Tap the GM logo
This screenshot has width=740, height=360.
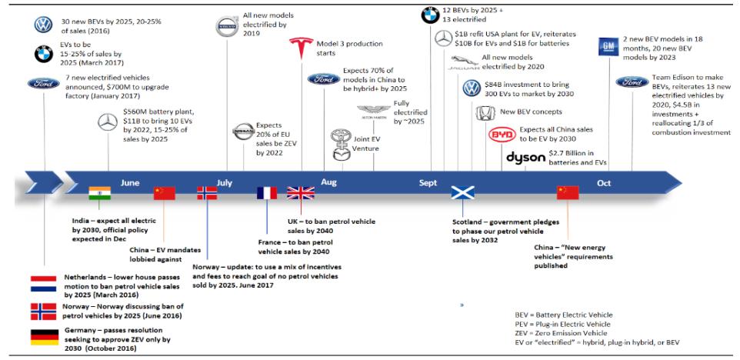(608, 47)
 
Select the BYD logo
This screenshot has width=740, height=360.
(502, 135)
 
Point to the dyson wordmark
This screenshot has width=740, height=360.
(525, 158)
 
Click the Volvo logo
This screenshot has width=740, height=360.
(227, 26)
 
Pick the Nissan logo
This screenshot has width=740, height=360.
(244, 132)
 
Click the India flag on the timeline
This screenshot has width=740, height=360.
(99, 193)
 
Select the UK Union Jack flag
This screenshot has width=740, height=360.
(301, 193)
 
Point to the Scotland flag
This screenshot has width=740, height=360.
(462, 192)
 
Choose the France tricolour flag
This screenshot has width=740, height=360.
(267, 193)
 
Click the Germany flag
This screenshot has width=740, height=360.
(45, 337)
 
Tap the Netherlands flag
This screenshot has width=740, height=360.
(43, 284)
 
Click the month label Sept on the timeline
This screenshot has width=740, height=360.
(428, 182)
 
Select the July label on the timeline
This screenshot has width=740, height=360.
(225, 182)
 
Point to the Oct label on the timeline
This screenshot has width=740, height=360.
(604, 183)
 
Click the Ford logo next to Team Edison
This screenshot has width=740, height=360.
(632, 82)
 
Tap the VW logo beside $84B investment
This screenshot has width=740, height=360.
(472, 88)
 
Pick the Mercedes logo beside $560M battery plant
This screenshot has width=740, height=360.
(108, 122)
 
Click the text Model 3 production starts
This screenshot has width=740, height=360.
(349, 48)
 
